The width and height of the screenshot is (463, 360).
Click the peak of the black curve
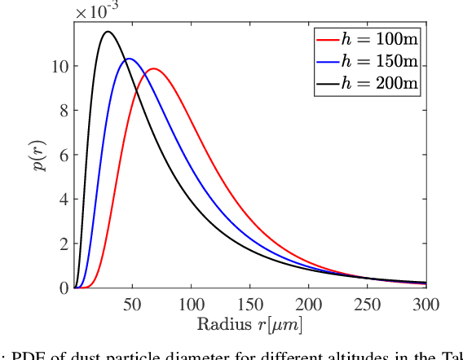pyautogui.click(x=108, y=32)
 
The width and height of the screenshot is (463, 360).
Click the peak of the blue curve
pyautogui.click(x=129, y=59)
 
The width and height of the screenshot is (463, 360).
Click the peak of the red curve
pyautogui.click(x=152, y=68)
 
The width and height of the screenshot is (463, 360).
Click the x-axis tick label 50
pyautogui.click(x=132, y=303)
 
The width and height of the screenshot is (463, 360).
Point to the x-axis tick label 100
pyautogui.click(x=191, y=303)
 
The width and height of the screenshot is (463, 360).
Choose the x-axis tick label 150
pyautogui.click(x=249, y=303)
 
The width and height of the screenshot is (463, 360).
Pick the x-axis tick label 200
pyautogui.click(x=308, y=303)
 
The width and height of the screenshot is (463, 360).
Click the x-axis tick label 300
pyautogui.click(x=425, y=303)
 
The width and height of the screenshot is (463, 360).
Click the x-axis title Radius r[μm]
pyautogui.click(x=249, y=324)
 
